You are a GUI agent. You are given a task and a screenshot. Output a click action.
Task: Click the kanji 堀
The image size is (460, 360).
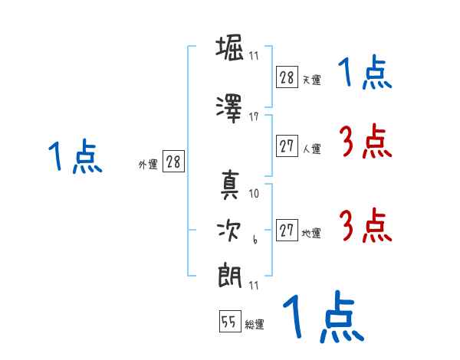[x=229, y=47]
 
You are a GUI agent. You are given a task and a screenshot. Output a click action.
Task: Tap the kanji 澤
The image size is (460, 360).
[x=229, y=109]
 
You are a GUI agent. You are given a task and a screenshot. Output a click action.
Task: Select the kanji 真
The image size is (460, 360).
[x=230, y=185]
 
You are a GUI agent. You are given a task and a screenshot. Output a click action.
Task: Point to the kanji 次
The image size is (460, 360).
[x=229, y=231]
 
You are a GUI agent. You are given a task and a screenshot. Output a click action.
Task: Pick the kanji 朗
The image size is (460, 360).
[x=230, y=277]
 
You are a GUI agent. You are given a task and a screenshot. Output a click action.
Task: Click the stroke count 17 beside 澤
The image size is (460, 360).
[x=254, y=117]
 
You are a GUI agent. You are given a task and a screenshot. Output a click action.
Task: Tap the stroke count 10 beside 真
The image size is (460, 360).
[x=254, y=194]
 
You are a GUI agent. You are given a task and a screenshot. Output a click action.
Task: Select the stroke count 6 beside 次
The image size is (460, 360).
[x=255, y=240]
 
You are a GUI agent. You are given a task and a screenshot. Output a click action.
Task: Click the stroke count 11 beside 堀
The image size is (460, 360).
[x=254, y=56]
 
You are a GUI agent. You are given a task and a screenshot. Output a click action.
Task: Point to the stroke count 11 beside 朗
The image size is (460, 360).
[x=254, y=286]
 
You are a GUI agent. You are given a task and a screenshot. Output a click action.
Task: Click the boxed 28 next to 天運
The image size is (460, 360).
[x=287, y=77]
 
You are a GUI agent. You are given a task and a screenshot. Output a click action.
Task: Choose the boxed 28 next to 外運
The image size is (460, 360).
[x=173, y=162]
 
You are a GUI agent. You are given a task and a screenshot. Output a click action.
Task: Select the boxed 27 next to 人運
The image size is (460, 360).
[x=287, y=146]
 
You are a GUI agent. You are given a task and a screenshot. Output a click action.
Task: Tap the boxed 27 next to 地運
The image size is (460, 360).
[x=287, y=230]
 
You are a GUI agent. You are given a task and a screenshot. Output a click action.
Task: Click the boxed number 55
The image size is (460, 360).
[x=230, y=321]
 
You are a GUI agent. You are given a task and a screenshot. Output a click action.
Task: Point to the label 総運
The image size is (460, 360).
[x=255, y=324]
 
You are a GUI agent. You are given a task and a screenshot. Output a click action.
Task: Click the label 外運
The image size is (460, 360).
[x=148, y=165]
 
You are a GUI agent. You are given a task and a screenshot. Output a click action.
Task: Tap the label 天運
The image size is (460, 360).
[x=312, y=80]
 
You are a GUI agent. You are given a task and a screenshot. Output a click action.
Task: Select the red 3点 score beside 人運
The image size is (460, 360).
[x=366, y=141]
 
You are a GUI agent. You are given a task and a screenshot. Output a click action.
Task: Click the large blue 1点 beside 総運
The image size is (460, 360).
[x=324, y=316]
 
